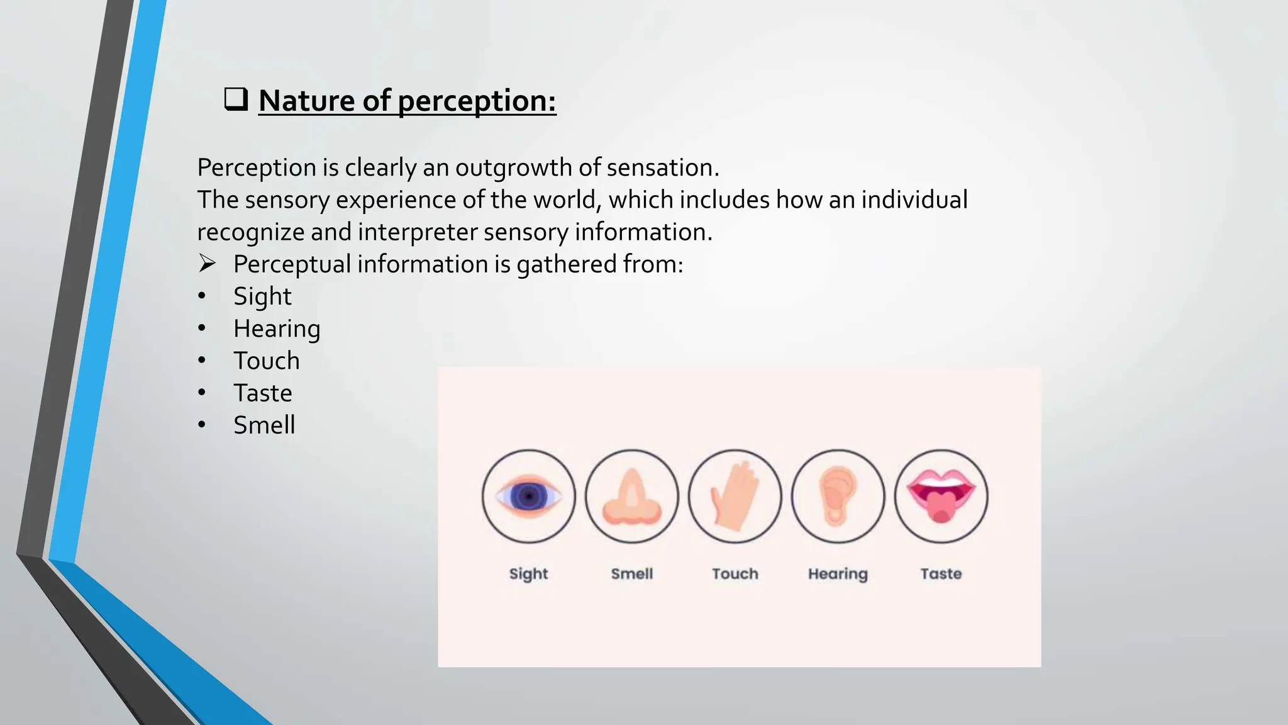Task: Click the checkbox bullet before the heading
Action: pos(236,100)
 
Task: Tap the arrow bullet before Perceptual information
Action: pos(207,263)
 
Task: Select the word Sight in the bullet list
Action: pos(262,296)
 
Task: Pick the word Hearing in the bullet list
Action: pos(277,329)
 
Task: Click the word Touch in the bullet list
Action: pos(267,361)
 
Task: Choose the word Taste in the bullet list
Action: pos(262,393)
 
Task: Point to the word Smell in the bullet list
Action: pos(264,425)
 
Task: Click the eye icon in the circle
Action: pos(528,497)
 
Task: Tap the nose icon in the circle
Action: pos(631,497)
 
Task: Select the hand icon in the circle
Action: pos(735,497)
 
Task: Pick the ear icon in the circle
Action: pos(838,497)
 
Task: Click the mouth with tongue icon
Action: pos(941,497)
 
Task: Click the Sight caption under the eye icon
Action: pos(528,574)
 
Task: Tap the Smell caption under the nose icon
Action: pos(631,574)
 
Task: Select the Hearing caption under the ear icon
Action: pos(838,574)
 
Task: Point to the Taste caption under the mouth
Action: pos(941,574)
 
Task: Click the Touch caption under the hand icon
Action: pos(735,574)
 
